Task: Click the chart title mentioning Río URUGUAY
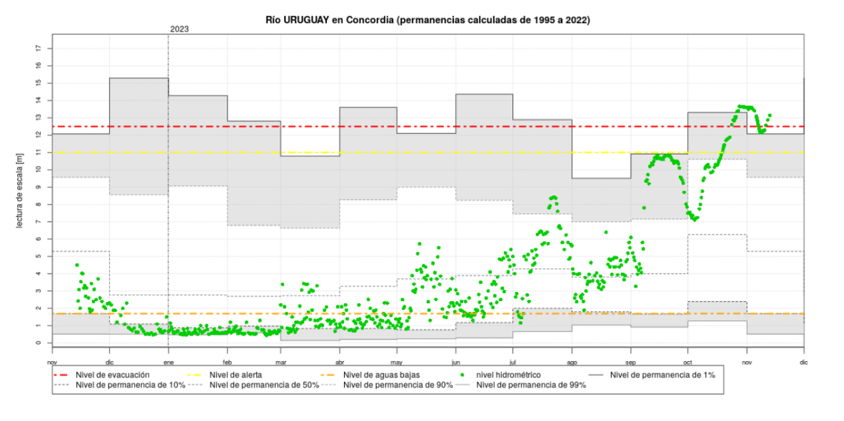(428, 20)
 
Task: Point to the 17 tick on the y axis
(39, 48)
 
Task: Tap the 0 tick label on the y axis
(39, 343)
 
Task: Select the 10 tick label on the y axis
(39, 170)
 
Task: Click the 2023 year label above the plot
(180, 29)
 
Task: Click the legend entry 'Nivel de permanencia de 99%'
(532, 385)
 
